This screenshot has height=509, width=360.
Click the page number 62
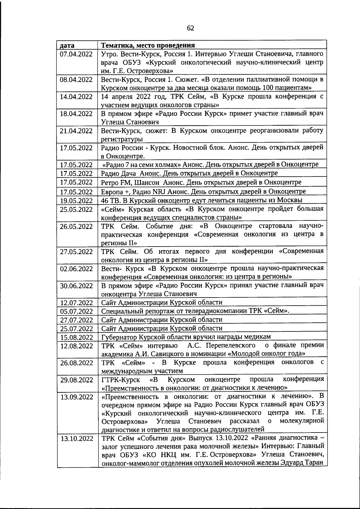coord(190,28)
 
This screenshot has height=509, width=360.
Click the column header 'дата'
coord(67,46)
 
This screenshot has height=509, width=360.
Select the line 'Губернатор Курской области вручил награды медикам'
coord(186,337)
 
